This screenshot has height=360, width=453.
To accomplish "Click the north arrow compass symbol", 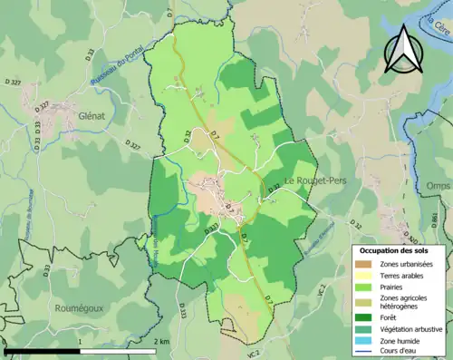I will [x=401, y=48].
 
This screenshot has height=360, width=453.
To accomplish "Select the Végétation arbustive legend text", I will [x=407, y=328].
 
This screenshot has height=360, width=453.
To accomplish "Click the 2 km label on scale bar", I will [x=161, y=341].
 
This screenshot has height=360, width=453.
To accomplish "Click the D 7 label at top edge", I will [x=169, y=12].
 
